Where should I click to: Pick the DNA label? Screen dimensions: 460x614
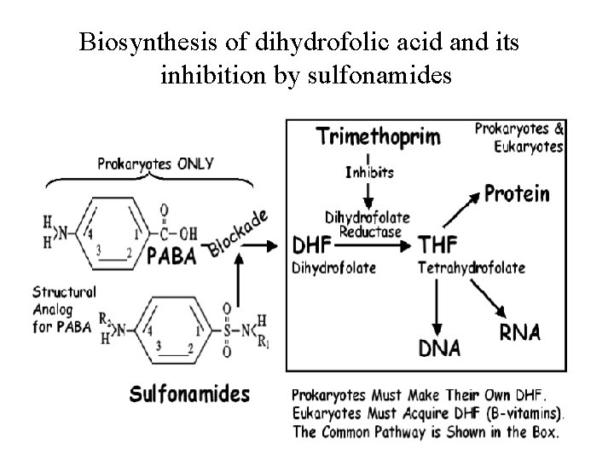440,348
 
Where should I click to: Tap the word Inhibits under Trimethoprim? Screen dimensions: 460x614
370,173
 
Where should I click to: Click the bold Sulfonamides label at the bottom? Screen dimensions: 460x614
189,394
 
